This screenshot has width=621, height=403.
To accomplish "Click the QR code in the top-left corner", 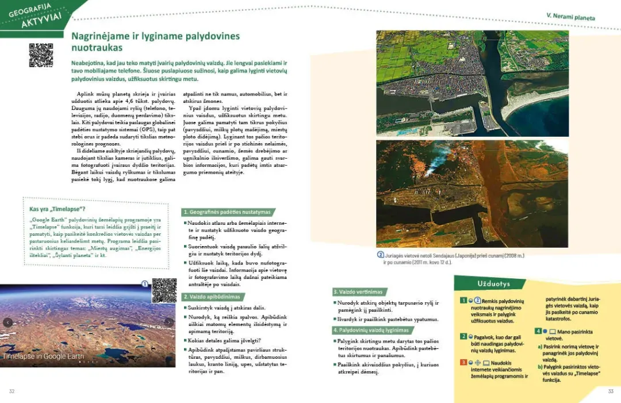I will (x=41, y=55).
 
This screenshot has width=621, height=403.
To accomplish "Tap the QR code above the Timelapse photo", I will (x=164, y=290).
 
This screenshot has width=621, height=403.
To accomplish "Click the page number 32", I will (x=11, y=392).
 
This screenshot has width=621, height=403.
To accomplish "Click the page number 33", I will (x=611, y=392).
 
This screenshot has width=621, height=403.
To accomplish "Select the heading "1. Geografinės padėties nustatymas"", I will (x=227, y=212).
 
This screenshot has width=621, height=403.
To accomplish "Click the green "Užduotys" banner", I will (x=489, y=284).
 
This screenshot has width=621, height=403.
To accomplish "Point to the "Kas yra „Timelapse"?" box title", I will (x=57, y=209).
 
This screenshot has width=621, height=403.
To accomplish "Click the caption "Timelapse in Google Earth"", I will (x=43, y=356).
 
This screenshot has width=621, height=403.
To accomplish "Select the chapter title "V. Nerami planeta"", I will (x=570, y=17).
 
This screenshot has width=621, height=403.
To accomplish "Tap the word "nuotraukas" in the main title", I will (x=97, y=48).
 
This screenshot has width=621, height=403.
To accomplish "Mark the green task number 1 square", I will (x=463, y=301).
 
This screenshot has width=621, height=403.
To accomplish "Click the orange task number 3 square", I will (x=463, y=363).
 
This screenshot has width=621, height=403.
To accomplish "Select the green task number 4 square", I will (x=538, y=331).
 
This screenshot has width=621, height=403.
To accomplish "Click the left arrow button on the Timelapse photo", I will (x=7, y=323).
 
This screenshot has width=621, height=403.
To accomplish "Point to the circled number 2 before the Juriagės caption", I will (x=380, y=255).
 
